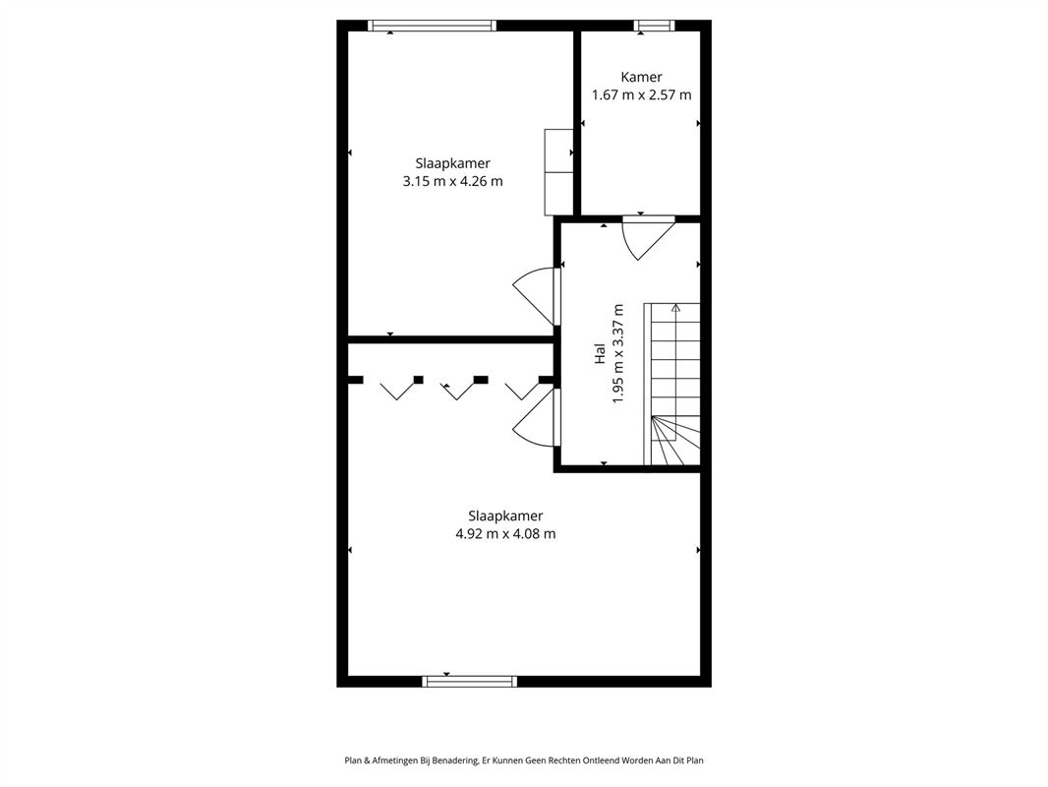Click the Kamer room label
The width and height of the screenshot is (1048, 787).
(641, 77)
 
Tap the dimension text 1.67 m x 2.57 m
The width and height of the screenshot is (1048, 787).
(642, 95)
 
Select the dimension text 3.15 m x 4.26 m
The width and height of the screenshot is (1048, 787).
(452, 181)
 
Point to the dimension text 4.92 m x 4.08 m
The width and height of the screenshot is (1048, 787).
(505, 533)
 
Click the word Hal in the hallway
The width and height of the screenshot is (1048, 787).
(600, 354)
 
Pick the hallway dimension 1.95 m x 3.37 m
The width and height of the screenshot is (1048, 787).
(618, 354)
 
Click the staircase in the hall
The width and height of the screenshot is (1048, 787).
(671, 384)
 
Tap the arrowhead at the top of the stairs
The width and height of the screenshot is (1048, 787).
(675, 308)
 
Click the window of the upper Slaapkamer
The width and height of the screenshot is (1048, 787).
(432, 26)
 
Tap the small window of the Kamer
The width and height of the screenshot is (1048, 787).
(655, 26)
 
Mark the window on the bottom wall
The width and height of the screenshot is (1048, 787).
(470, 682)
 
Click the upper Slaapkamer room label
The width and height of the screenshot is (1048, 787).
(452, 163)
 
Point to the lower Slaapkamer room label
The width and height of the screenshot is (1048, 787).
(505, 515)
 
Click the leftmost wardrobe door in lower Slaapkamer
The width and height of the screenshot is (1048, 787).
(399, 391)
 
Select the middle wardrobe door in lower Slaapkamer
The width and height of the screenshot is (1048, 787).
(457, 391)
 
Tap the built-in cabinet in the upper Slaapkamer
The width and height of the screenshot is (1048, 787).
(558, 172)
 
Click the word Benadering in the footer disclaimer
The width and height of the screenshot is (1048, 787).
(456, 760)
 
